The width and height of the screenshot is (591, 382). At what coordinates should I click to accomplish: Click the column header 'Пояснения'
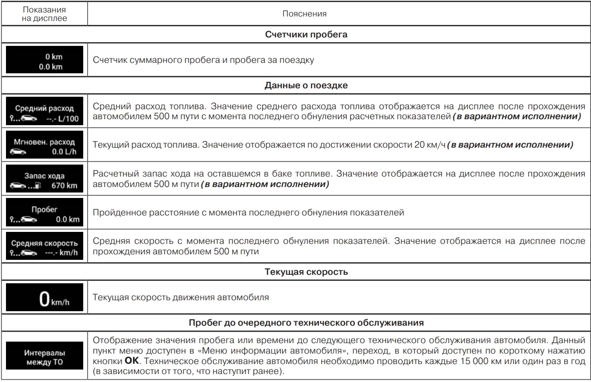(x=304, y=14)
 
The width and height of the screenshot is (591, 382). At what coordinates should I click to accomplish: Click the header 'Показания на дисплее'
(x=44, y=14)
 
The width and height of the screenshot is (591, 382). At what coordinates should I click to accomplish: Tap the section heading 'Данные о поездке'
(x=305, y=85)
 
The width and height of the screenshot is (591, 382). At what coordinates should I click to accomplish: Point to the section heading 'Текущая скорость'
(x=306, y=272)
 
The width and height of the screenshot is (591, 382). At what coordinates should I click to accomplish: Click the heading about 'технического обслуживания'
(x=306, y=323)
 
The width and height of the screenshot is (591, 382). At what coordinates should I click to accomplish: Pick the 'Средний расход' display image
(x=44, y=112)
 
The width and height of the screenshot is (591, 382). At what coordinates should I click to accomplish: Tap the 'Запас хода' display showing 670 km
(x=44, y=180)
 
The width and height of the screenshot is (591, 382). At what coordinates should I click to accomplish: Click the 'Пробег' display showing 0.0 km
(x=44, y=213)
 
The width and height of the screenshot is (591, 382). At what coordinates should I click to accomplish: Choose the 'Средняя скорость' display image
(x=44, y=246)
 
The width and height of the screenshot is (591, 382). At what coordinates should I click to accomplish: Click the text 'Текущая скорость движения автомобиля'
(x=181, y=298)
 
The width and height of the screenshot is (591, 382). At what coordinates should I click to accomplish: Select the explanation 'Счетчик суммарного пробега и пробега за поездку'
(x=203, y=60)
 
